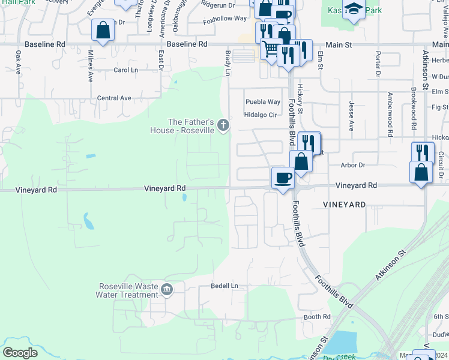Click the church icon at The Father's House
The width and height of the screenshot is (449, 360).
click(x=223, y=125)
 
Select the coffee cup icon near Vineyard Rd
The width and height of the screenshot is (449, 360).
click(x=283, y=178)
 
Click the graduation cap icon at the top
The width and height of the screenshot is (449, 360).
click(x=354, y=10)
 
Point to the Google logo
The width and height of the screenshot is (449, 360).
click(x=20, y=353)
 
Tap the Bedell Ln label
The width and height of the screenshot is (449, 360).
click(x=224, y=286)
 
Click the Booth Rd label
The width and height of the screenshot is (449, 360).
click(x=317, y=317)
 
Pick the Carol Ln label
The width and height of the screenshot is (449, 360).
click(x=125, y=70)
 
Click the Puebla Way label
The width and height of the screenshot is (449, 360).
click(x=262, y=102)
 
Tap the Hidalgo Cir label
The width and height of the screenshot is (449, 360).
click(x=260, y=115)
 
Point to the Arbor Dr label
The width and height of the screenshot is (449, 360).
click(x=352, y=164)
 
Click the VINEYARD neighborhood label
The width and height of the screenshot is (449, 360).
click(x=344, y=205)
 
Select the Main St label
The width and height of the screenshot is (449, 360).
click(x=336, y=44)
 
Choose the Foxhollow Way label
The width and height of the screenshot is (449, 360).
click(x=225, y=19)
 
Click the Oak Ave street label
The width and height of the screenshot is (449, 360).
click(x=18, y=62)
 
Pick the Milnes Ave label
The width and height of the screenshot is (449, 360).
click(x=90, y=66)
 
